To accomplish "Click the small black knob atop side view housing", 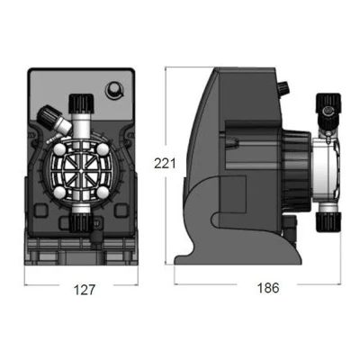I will point(283,89).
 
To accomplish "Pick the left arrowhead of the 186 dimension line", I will point(176,280).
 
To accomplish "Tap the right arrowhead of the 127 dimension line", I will point(136,280).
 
